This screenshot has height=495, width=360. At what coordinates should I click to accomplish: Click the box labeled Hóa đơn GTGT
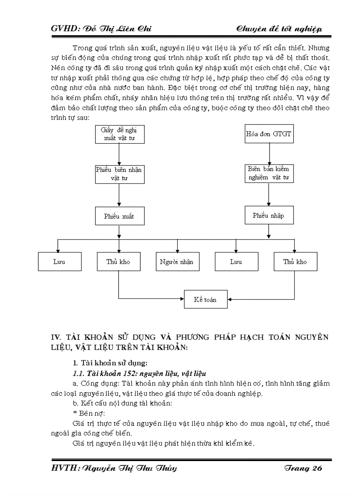[269, 134]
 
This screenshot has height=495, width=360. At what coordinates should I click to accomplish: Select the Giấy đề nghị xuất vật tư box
[119, 134]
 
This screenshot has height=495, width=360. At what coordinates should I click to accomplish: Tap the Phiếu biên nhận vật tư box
[119, 174]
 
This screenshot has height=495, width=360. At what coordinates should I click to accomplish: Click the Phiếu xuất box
[119, 216]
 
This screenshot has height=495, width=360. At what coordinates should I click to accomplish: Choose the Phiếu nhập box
[269, 216]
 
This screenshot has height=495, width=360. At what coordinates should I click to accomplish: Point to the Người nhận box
[177, 261]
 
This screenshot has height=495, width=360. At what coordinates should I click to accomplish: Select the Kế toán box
[206, 299]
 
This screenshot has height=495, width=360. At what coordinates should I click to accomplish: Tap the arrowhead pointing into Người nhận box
[177, 249]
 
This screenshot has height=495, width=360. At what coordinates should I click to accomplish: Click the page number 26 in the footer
[317, 468]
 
